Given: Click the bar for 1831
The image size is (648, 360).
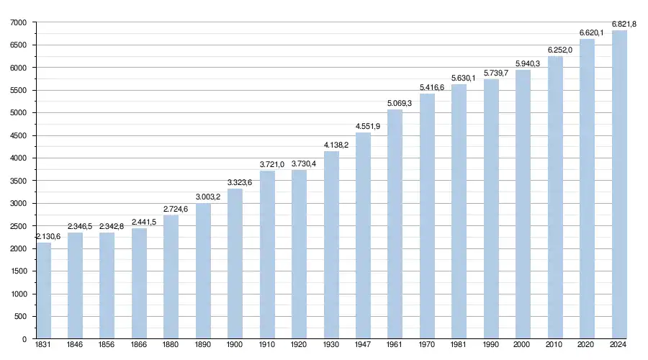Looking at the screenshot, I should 43,291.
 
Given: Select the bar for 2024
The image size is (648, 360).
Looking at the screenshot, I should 619,184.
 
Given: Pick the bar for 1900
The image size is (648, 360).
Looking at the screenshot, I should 235,264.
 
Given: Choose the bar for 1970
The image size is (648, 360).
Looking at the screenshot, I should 428,216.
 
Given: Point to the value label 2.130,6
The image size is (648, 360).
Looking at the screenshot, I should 42,236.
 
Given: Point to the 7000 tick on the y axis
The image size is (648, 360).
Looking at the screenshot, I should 19,23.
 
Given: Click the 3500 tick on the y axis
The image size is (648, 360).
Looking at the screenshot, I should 19,181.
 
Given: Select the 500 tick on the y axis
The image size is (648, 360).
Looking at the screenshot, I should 21,316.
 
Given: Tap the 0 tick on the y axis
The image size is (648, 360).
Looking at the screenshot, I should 24,339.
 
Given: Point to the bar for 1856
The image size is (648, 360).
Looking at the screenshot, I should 107,286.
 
